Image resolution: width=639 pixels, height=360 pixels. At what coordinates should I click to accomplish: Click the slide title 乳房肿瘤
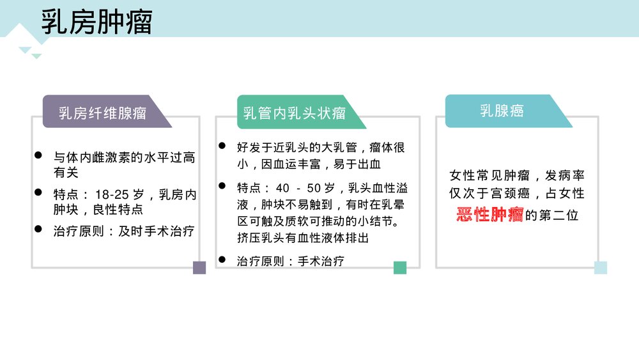(96, 22)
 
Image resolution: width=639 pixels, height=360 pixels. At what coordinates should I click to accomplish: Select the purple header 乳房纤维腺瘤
(102, 114)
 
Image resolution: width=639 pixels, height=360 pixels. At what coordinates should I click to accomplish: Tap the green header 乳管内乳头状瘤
(295, 114)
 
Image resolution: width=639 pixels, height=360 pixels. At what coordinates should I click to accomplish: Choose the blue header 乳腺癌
(502, 111)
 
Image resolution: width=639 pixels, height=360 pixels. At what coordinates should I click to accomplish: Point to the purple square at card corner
(199, 267)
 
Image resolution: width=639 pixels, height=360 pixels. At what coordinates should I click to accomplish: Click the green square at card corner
(400, 267)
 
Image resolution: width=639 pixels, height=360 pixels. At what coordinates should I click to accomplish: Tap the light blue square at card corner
(601, 267)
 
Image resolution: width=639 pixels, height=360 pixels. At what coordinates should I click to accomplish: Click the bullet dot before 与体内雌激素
(38, 156)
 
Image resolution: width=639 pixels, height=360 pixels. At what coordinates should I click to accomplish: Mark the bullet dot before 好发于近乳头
(222, 146)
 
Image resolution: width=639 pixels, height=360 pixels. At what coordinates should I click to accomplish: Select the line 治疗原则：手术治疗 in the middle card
(291, 261)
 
